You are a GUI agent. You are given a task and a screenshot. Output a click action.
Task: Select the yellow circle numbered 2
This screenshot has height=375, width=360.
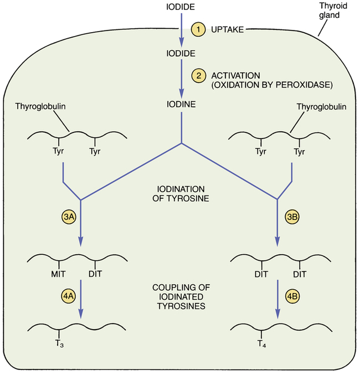(x=198, y=74)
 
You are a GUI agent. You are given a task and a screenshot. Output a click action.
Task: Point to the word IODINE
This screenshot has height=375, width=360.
(x=181, y=104)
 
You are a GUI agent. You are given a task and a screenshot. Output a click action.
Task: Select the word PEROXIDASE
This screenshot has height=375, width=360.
(x=305, y=85)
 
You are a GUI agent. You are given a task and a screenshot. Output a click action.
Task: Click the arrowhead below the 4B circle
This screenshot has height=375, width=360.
(x=276, y=318)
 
